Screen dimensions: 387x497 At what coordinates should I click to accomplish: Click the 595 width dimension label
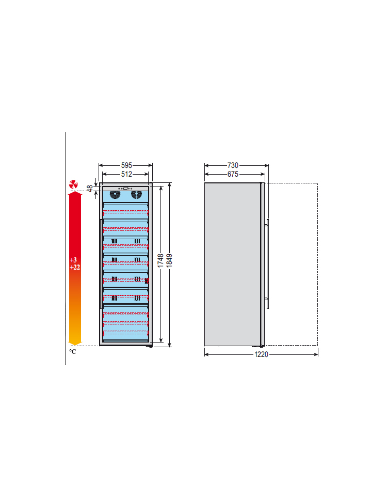[126, 165]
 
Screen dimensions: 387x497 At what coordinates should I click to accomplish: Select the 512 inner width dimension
[126, 174]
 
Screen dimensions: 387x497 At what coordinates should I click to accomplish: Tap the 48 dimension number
[90, 189]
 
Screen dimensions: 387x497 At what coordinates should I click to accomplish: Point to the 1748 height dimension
[160, 260]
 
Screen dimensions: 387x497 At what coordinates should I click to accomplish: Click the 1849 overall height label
[169, 260]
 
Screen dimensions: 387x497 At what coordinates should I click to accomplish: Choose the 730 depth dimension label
[233, 165]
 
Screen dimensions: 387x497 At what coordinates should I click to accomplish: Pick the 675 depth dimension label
[233, 174]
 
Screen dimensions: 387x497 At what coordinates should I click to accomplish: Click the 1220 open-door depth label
[261, 354]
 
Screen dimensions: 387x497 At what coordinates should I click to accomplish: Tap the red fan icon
[73, 184]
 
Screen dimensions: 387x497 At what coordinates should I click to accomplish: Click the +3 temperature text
[73, 260]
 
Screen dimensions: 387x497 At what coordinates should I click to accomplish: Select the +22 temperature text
[75, 267]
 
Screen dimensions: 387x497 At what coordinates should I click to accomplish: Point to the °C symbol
[73, 351]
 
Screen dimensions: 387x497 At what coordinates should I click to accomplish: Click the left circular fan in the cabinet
[115, 194]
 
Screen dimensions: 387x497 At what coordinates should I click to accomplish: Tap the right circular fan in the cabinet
[136, 194]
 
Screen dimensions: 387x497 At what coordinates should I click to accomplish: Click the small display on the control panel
[125, 189]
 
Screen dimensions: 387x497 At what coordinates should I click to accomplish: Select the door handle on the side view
[268, 263]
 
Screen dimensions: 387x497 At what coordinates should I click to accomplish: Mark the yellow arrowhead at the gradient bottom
[75, 343]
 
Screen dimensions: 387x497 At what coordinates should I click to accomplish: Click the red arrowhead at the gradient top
[75, 193]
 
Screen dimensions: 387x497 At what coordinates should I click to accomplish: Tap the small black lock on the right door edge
[147, 281]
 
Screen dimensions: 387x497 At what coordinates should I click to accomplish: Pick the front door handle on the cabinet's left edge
[101, 263]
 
